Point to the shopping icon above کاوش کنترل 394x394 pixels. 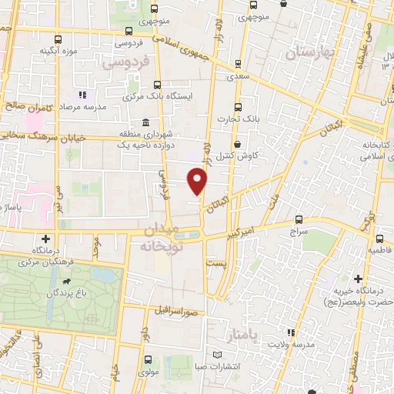[x=238, y=144]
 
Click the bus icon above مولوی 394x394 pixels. [x=147, y=359]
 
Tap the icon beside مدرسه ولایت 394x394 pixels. [x=291, y=332]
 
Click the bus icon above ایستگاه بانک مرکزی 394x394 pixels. [x=157, y=85]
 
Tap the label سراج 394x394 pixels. [x=299, y=230]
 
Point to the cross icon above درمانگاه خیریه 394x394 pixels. [x=358, y=278]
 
